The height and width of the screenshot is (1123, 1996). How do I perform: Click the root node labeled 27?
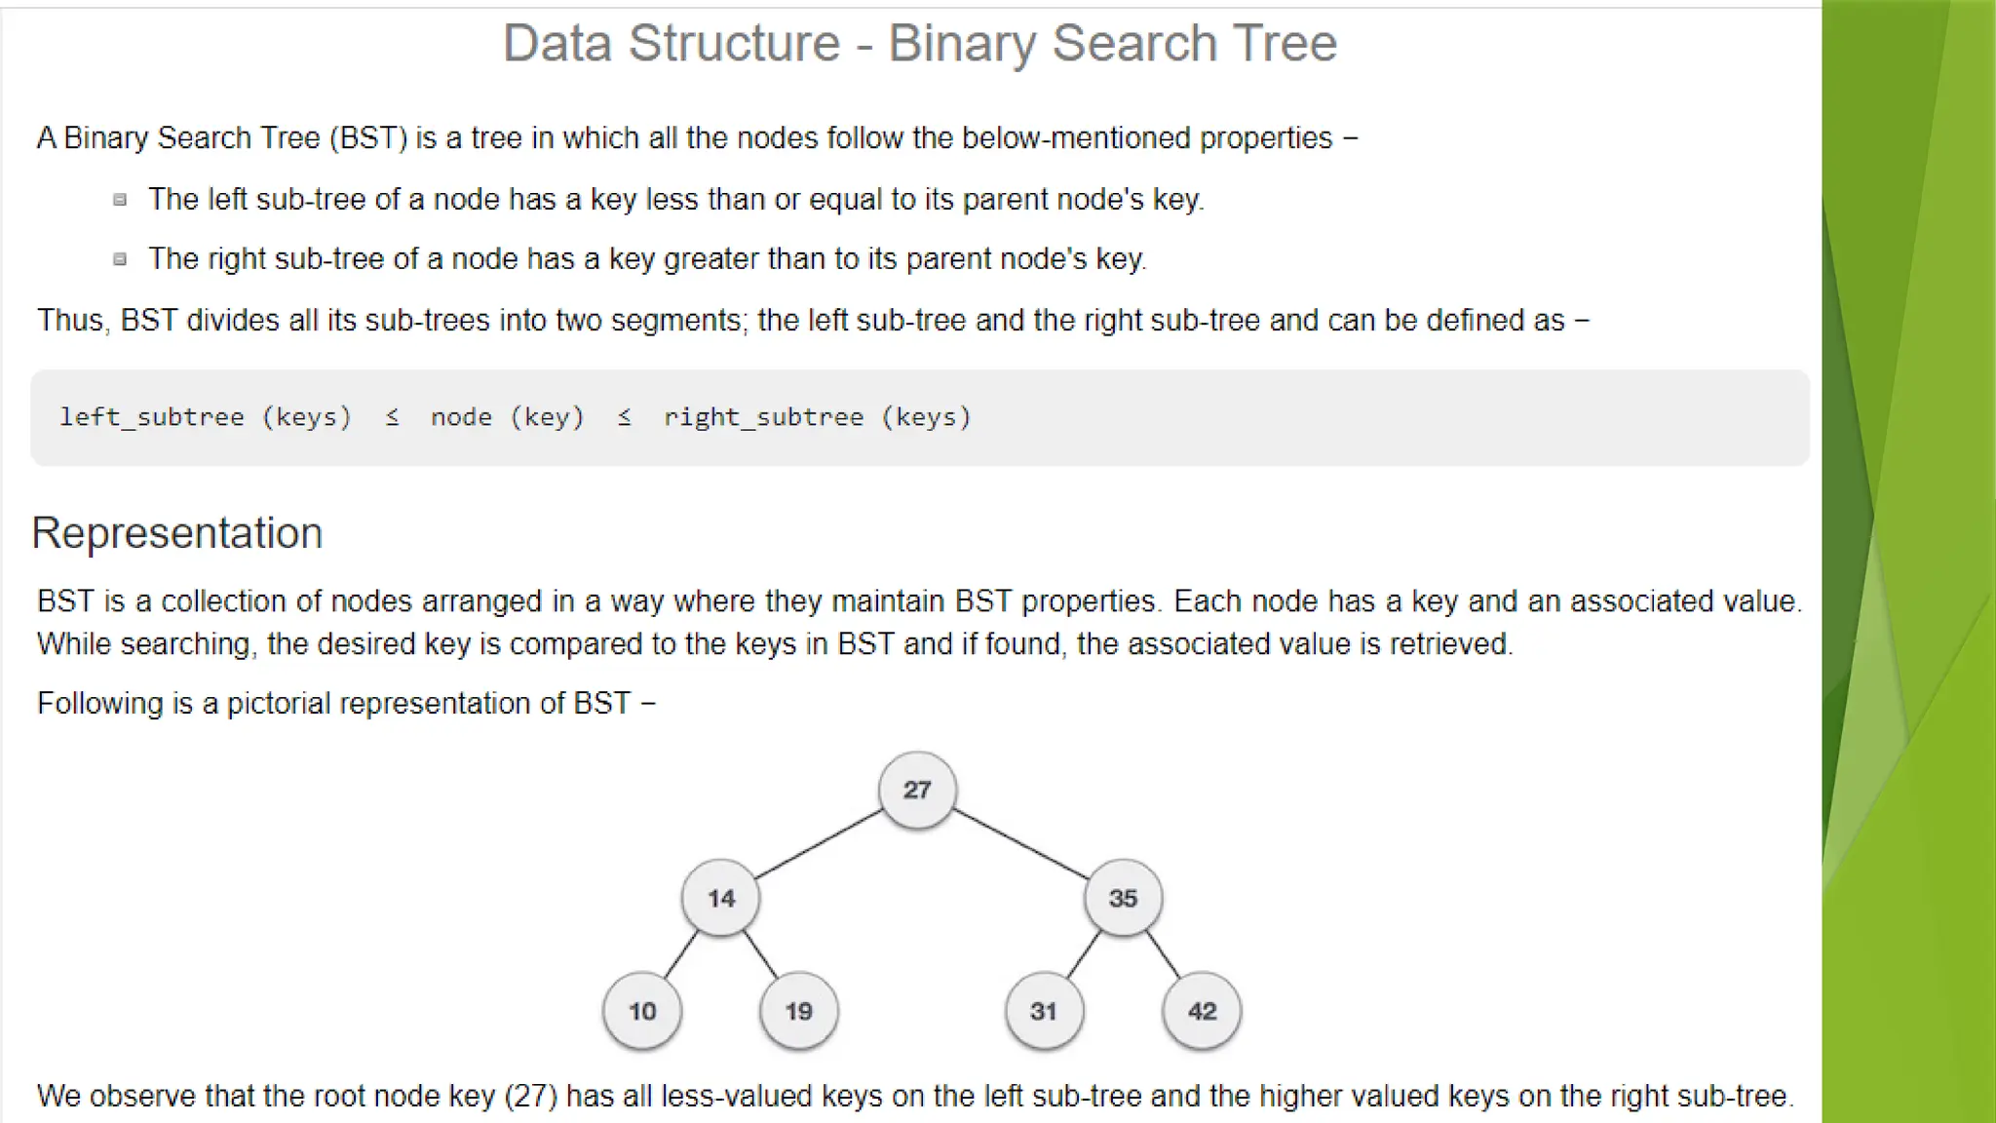click(916, 790)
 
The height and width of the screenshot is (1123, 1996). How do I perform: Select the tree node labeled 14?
click(720, 898)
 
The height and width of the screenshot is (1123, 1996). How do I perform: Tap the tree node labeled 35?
click(1123, 898)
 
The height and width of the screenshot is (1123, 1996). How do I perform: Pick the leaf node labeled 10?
click(642, 1011)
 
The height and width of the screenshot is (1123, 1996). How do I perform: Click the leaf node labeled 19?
click(799, 1011)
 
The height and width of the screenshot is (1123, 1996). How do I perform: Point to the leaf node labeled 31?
click(1044, 1011)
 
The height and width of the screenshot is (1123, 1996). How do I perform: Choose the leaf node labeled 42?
click(1202, 1011)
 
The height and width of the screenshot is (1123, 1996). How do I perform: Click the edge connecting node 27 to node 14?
click(819, 844)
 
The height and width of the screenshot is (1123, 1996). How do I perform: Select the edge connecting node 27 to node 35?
click(1020, 844)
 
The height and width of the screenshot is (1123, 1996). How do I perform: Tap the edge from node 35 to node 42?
click(1163, 954)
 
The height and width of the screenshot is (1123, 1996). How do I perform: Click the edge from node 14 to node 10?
click(681, 954)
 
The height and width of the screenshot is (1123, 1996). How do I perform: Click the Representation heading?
click(177, 533)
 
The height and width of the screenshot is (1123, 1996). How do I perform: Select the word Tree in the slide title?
click(1285, 43)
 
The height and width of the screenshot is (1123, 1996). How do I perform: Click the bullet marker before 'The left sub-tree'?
click(120, 200)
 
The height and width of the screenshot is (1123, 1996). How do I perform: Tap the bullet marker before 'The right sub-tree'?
click(120, 259)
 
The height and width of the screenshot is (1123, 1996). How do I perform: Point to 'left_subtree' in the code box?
click(152, 417)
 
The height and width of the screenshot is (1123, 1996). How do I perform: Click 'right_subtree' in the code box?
click(763, 417)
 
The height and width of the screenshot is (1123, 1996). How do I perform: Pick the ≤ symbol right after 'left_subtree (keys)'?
click(392, 417)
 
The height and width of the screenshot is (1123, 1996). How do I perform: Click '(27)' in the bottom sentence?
click(531, 1096)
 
